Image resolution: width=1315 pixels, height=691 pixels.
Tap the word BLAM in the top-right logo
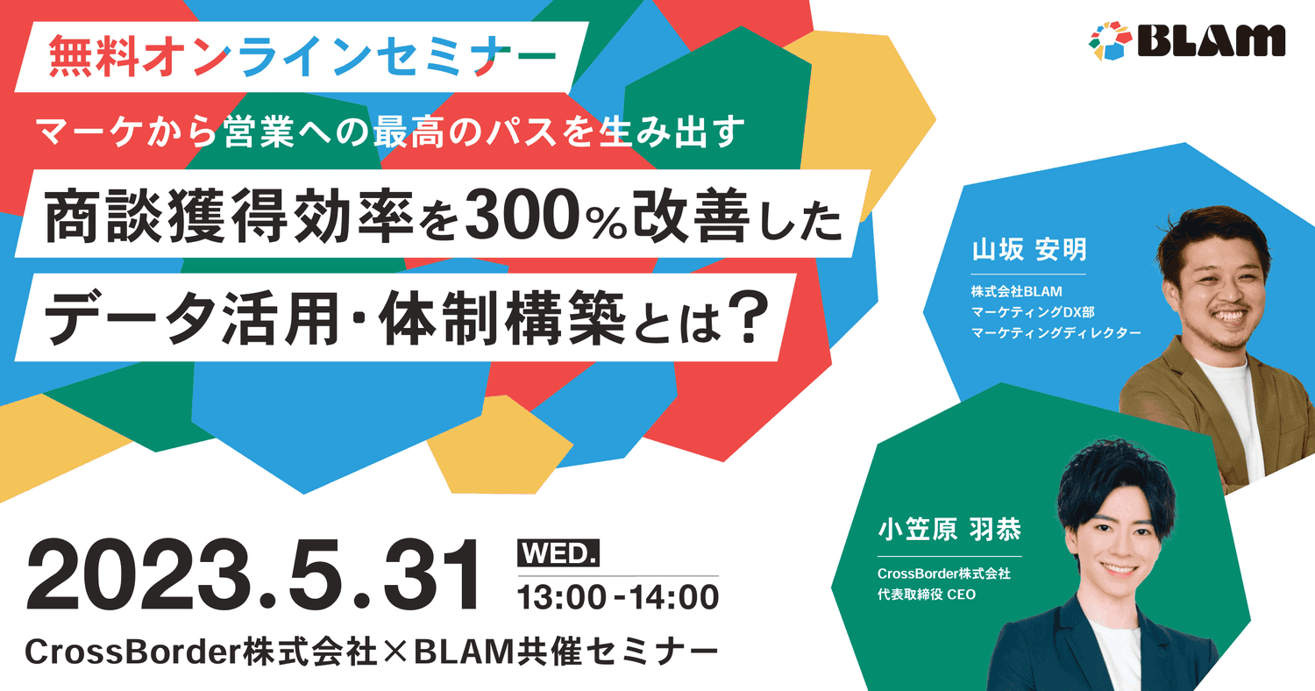pos(1211,41)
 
